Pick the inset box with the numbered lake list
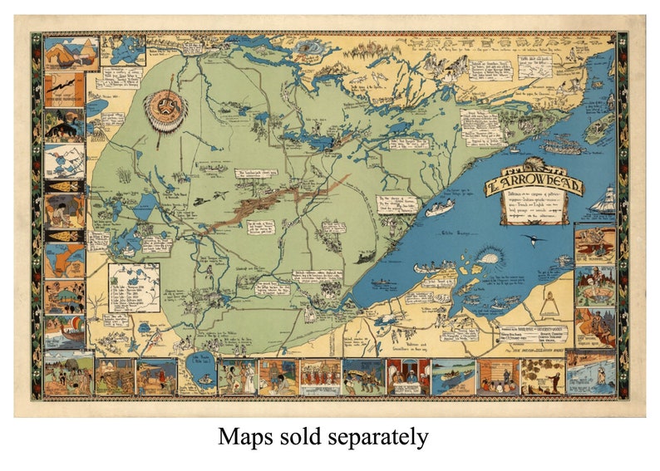[134, 287]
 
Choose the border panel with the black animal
[65, 211]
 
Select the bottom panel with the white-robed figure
[238, 376]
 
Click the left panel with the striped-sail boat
[65, 333]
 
